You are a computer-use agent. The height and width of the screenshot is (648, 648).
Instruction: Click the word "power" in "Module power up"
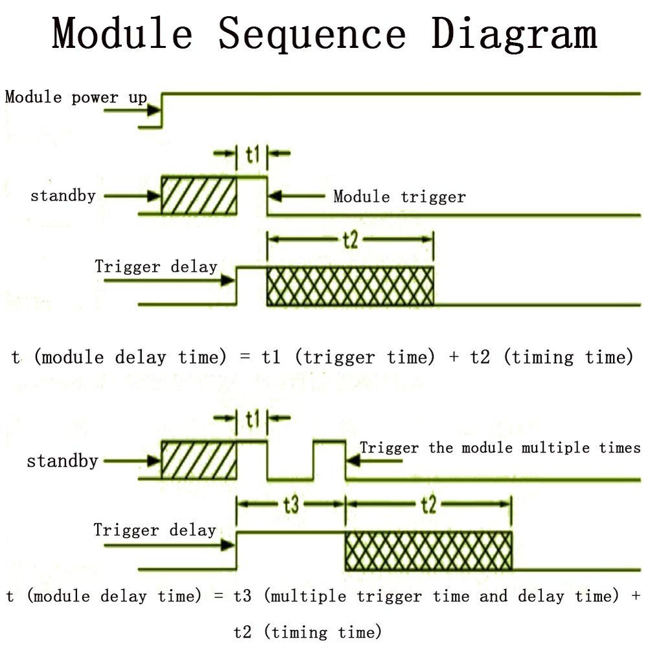(95, 98)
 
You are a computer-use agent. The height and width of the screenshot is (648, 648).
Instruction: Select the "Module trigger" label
(399, 196)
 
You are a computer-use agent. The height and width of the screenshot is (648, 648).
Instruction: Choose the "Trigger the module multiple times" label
(500, 448)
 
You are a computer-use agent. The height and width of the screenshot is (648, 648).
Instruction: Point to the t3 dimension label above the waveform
(291, 505)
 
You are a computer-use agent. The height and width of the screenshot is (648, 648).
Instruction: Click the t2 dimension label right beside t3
(428, 505)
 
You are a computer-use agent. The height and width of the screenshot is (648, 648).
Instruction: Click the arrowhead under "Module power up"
(154, 111)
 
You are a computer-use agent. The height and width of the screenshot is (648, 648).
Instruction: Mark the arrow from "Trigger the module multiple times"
(374, 461)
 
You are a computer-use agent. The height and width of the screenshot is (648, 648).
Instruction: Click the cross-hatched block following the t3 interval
(428, 551)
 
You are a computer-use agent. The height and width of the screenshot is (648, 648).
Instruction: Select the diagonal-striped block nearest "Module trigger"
(199, 195)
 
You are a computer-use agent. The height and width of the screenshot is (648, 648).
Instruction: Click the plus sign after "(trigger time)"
(454, 357)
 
